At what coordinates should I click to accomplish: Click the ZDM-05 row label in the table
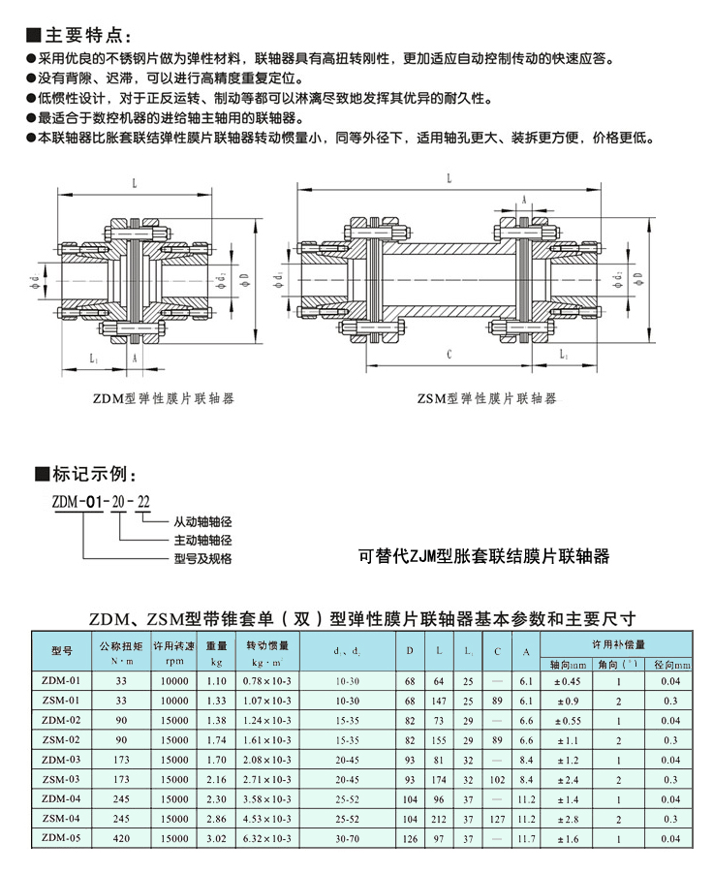click(61, 837)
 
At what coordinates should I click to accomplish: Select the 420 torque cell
click(121, 837)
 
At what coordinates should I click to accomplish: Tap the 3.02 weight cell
click(216, 837)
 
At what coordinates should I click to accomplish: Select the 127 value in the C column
click(497, 818)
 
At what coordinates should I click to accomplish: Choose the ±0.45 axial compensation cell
click(567, 681)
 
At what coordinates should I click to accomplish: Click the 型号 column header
click(61, 650)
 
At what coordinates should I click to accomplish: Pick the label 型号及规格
click(204, 558)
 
